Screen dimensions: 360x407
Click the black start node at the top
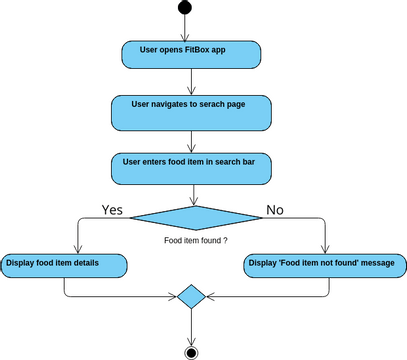[x=183, y=9]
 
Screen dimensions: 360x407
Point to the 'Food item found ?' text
[x=196, y=242]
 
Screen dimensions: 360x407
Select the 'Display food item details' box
[x=64, y=264]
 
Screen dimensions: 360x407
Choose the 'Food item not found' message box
[x=325, y=264]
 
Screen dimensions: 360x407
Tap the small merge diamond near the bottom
[x=190, y=297]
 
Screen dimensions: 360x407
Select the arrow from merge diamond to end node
[x=190, y=325]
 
